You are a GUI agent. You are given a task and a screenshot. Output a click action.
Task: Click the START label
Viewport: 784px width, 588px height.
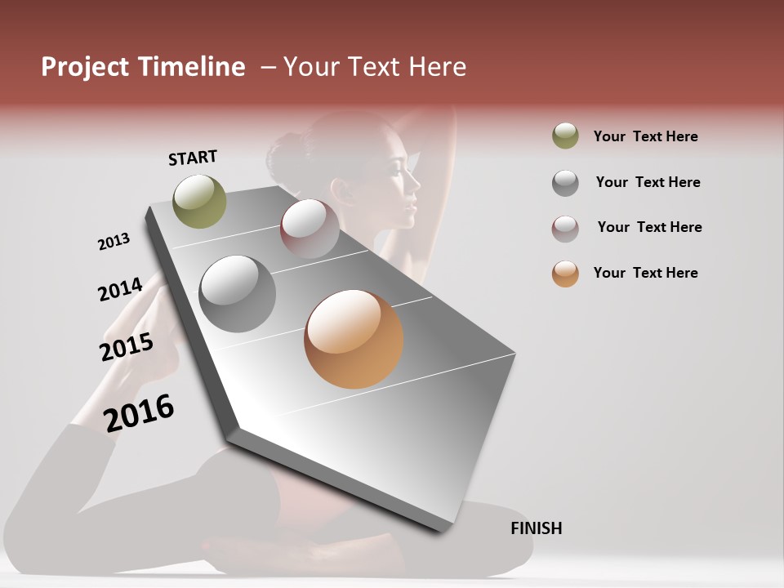pos(193,158)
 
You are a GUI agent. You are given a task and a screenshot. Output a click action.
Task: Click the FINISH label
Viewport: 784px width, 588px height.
pos(536,528)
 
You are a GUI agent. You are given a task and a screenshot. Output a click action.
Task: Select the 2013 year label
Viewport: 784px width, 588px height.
pos(114,242)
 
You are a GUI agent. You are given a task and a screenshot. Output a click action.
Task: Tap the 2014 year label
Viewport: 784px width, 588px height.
pos(120,290)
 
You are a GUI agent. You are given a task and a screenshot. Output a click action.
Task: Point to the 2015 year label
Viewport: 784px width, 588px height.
pos(127,347)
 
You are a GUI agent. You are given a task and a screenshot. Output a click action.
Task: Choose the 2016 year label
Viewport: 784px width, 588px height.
pos(139,413)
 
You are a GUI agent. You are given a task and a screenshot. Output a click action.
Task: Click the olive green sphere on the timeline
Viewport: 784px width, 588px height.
pos(199,201)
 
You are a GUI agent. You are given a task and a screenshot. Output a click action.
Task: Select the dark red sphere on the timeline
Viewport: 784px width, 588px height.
pos(310,229)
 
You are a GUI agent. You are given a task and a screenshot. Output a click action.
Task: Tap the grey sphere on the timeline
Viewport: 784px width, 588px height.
pos(238,294)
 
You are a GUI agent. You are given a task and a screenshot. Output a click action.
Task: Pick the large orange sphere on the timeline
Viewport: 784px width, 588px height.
pos(354,339)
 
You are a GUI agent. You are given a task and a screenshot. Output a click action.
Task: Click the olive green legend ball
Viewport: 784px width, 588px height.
pos(565,136)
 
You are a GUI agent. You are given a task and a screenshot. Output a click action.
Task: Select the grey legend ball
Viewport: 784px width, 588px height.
pos(565,183)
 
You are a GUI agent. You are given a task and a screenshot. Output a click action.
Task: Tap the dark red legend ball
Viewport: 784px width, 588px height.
pos(565,229)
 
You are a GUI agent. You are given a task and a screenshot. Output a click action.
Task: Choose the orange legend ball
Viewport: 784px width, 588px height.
pos(565,274)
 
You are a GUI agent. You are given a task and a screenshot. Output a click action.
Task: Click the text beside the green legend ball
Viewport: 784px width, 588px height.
pos(645,136)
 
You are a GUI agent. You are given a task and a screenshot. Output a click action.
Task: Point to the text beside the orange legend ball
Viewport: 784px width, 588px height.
pos(645,273)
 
